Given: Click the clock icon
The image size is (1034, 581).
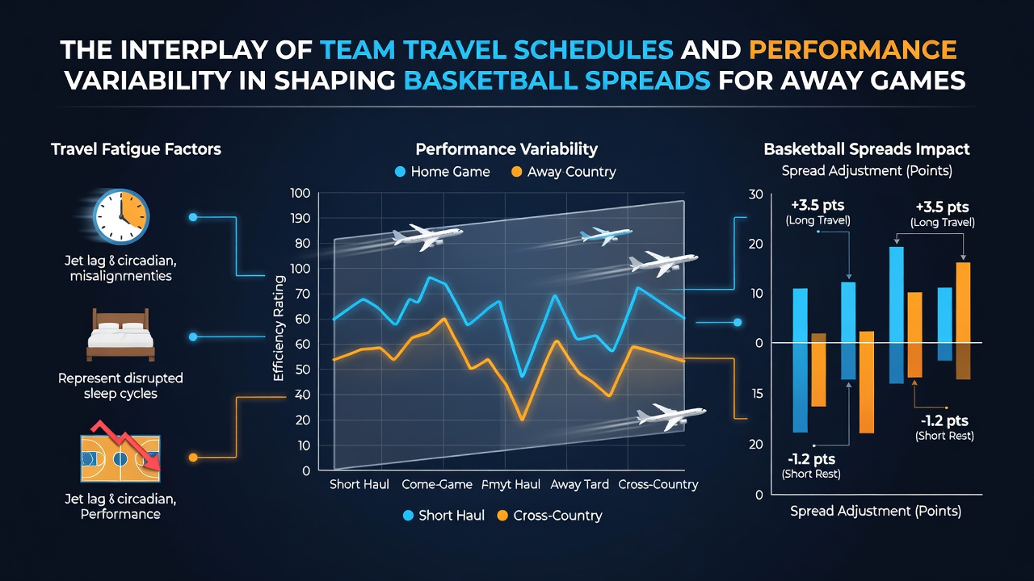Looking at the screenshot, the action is click(121, 216).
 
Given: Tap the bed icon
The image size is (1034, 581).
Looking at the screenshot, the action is click(120, 335).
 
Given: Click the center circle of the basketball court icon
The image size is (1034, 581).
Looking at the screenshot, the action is click(120, 459).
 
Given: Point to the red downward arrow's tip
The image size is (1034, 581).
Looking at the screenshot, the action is click(158, 469).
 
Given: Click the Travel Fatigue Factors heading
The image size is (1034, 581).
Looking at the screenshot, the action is click(137, 149).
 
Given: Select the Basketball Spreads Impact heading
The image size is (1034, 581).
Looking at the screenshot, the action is click(867, 149).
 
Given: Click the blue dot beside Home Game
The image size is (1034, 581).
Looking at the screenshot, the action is click(400, 172).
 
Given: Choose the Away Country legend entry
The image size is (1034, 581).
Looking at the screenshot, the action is click(564, 172).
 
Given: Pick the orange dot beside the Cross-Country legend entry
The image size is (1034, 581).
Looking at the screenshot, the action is click(502, 516).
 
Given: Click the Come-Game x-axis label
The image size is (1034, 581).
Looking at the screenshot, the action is click(437, 485).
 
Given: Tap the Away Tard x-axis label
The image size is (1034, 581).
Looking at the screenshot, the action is click(580, 485).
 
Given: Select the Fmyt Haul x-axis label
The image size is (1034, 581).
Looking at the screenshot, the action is click(511, 485).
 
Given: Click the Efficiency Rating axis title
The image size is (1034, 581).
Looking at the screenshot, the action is click(279, 328).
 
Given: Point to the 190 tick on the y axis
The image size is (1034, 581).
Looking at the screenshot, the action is click(300, 218).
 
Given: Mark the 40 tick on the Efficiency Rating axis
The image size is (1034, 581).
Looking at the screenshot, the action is click(302, 395).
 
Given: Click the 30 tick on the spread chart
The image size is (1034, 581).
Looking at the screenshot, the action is click(755, 194).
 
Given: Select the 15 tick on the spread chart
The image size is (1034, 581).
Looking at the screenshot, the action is click(757, 394).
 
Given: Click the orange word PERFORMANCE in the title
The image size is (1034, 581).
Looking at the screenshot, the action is click(852, 50).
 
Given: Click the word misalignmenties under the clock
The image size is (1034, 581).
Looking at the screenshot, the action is click(121, 276).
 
